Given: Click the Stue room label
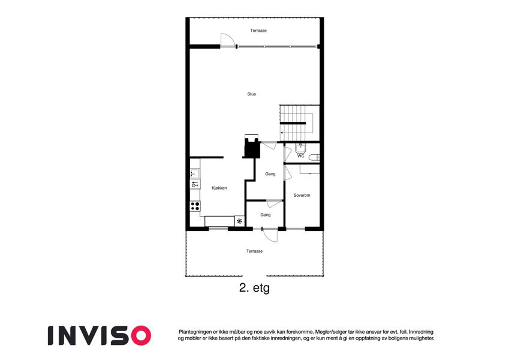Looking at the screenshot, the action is coord(252,94).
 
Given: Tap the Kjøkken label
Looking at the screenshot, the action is coord(219,188).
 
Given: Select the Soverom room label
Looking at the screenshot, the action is coord(302,195).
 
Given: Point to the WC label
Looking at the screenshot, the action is coord(300,156).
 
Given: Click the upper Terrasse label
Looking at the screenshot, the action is coord(258,31).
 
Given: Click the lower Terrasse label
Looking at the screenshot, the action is coord(254,251).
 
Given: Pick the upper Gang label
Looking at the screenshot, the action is coord(270,174).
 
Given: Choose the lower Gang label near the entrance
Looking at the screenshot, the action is coord(265,215).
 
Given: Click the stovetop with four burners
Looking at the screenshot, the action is coord(195,206).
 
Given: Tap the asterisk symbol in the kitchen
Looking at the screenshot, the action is coord(240,221).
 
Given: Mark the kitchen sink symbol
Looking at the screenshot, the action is coord(195,173).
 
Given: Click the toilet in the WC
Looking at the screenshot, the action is coord(314,158).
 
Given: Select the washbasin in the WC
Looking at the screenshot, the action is coord(300,148).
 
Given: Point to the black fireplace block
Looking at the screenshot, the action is coord(252,148).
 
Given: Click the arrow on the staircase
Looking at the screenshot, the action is coord(282,133).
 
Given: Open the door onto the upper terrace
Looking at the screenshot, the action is coord(228,40).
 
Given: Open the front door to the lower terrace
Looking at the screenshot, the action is coord(270,235).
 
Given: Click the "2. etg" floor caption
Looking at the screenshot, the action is coord(254,288).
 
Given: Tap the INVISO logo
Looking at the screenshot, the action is coord(100,335).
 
